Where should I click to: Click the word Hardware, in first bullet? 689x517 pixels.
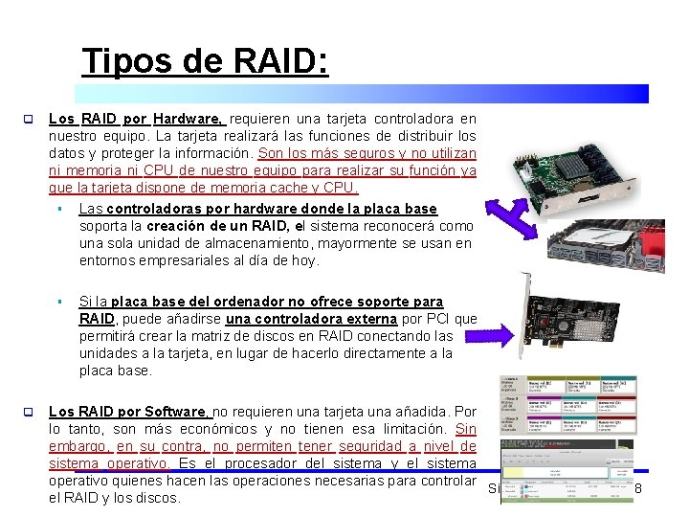[x=189, y=120]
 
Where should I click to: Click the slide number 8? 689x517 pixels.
[x=637, y=489]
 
